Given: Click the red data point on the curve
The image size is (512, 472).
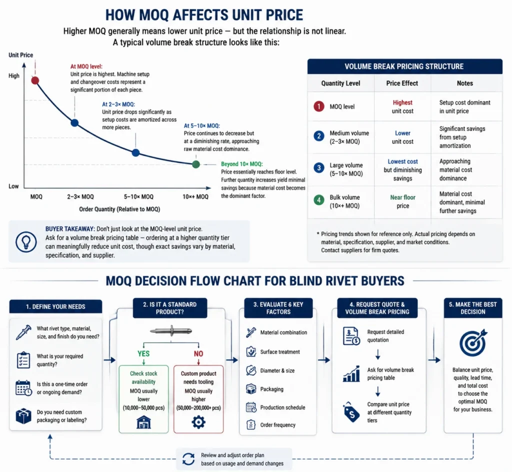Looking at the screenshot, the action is (35, 80).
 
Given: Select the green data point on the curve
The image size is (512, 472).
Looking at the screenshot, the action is (196, 164).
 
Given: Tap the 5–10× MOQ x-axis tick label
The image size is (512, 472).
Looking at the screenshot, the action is (138, 197).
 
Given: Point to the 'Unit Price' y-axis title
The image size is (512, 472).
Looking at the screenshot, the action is (20, 55).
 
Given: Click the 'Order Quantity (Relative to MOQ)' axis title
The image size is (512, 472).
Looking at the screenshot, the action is (119, 209).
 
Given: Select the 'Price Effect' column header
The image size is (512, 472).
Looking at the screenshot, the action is (402, 83).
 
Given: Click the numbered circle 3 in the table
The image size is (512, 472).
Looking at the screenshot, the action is (318, 168).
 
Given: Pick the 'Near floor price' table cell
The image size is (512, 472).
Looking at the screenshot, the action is (402, 201).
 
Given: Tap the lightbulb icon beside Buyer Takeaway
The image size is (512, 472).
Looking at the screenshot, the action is (26, 242).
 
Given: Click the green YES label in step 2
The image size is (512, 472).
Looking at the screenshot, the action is (143, 353).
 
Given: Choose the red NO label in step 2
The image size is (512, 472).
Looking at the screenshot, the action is (198, 353).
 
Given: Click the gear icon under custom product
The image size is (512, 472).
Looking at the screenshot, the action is (198, 422).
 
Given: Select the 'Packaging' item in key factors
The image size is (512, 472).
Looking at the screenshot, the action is (271, 389).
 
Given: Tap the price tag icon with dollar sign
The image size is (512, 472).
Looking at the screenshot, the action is (351, 412).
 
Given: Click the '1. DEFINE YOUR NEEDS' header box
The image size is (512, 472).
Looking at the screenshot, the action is (55, 306).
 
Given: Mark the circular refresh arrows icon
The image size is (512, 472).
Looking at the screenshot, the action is (188, 459).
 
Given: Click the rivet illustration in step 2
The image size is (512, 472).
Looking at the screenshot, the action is (171, 331).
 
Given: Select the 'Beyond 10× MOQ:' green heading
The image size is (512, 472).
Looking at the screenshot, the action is (242, 164).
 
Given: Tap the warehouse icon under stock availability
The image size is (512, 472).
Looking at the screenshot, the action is (143, 422).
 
